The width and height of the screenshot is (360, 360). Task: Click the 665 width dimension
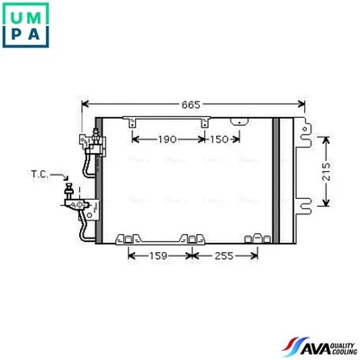pos(189,105)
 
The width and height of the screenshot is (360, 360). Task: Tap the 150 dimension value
pos(219,139)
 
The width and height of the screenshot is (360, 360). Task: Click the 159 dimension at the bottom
pos(157,256)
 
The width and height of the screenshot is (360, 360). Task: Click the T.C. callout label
pos(40,173)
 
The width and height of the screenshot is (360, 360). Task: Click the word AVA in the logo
pos(309,345)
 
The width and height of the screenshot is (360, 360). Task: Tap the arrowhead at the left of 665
pos(85,105)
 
